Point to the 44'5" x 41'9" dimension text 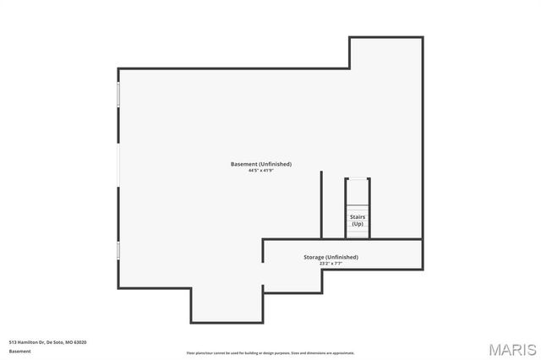point(260,171)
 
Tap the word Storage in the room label point(315,257)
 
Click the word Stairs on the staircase point(358,217)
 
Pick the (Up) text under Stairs point(358,224)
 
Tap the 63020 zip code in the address point(80,341)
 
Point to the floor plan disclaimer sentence point(270,352)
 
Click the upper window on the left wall point(118,94)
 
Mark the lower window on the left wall point(118,251)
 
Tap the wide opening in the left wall point(118,160)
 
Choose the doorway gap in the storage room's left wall point(263,275)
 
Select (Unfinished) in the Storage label point(342,257)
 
